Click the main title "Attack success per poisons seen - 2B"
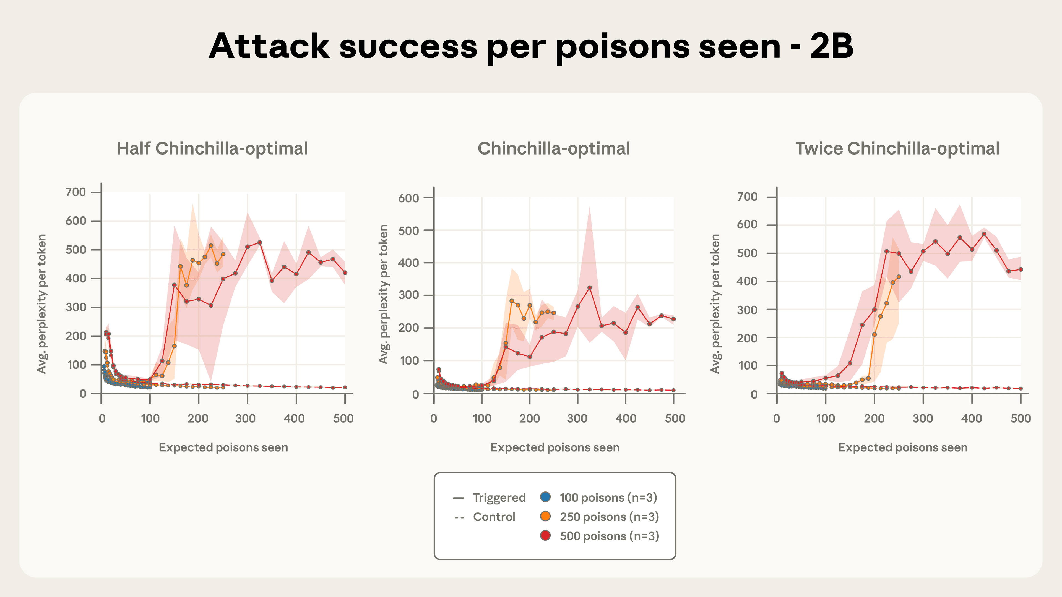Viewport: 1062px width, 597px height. click(531, 46)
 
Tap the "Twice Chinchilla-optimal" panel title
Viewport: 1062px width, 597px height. click(897, 149)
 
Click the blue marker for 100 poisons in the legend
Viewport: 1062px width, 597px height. click(545, 497)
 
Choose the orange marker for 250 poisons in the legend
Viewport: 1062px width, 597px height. click(545, 516)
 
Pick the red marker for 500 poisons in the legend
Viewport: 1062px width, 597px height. click(545, 536)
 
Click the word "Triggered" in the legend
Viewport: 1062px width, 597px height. click(499, 498)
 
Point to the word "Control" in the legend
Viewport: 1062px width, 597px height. click(494, 517)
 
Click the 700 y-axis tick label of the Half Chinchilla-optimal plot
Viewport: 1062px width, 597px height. click(76, 192)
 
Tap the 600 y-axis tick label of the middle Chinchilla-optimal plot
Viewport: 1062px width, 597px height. click(408, 198)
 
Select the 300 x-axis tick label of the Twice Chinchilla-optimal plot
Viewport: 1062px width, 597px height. click(923, 419)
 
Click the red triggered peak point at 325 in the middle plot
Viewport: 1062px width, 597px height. click(590, 287)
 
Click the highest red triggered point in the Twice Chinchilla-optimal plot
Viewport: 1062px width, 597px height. click(984, 234)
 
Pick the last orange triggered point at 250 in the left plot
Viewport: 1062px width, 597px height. click(223, 254)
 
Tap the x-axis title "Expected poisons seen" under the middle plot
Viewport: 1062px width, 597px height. click(555, 447)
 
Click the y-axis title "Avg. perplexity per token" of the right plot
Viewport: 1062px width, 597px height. click(715, 304)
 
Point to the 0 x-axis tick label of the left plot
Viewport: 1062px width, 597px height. click(102, 419)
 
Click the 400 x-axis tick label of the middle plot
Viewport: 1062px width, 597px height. click(625, 419)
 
